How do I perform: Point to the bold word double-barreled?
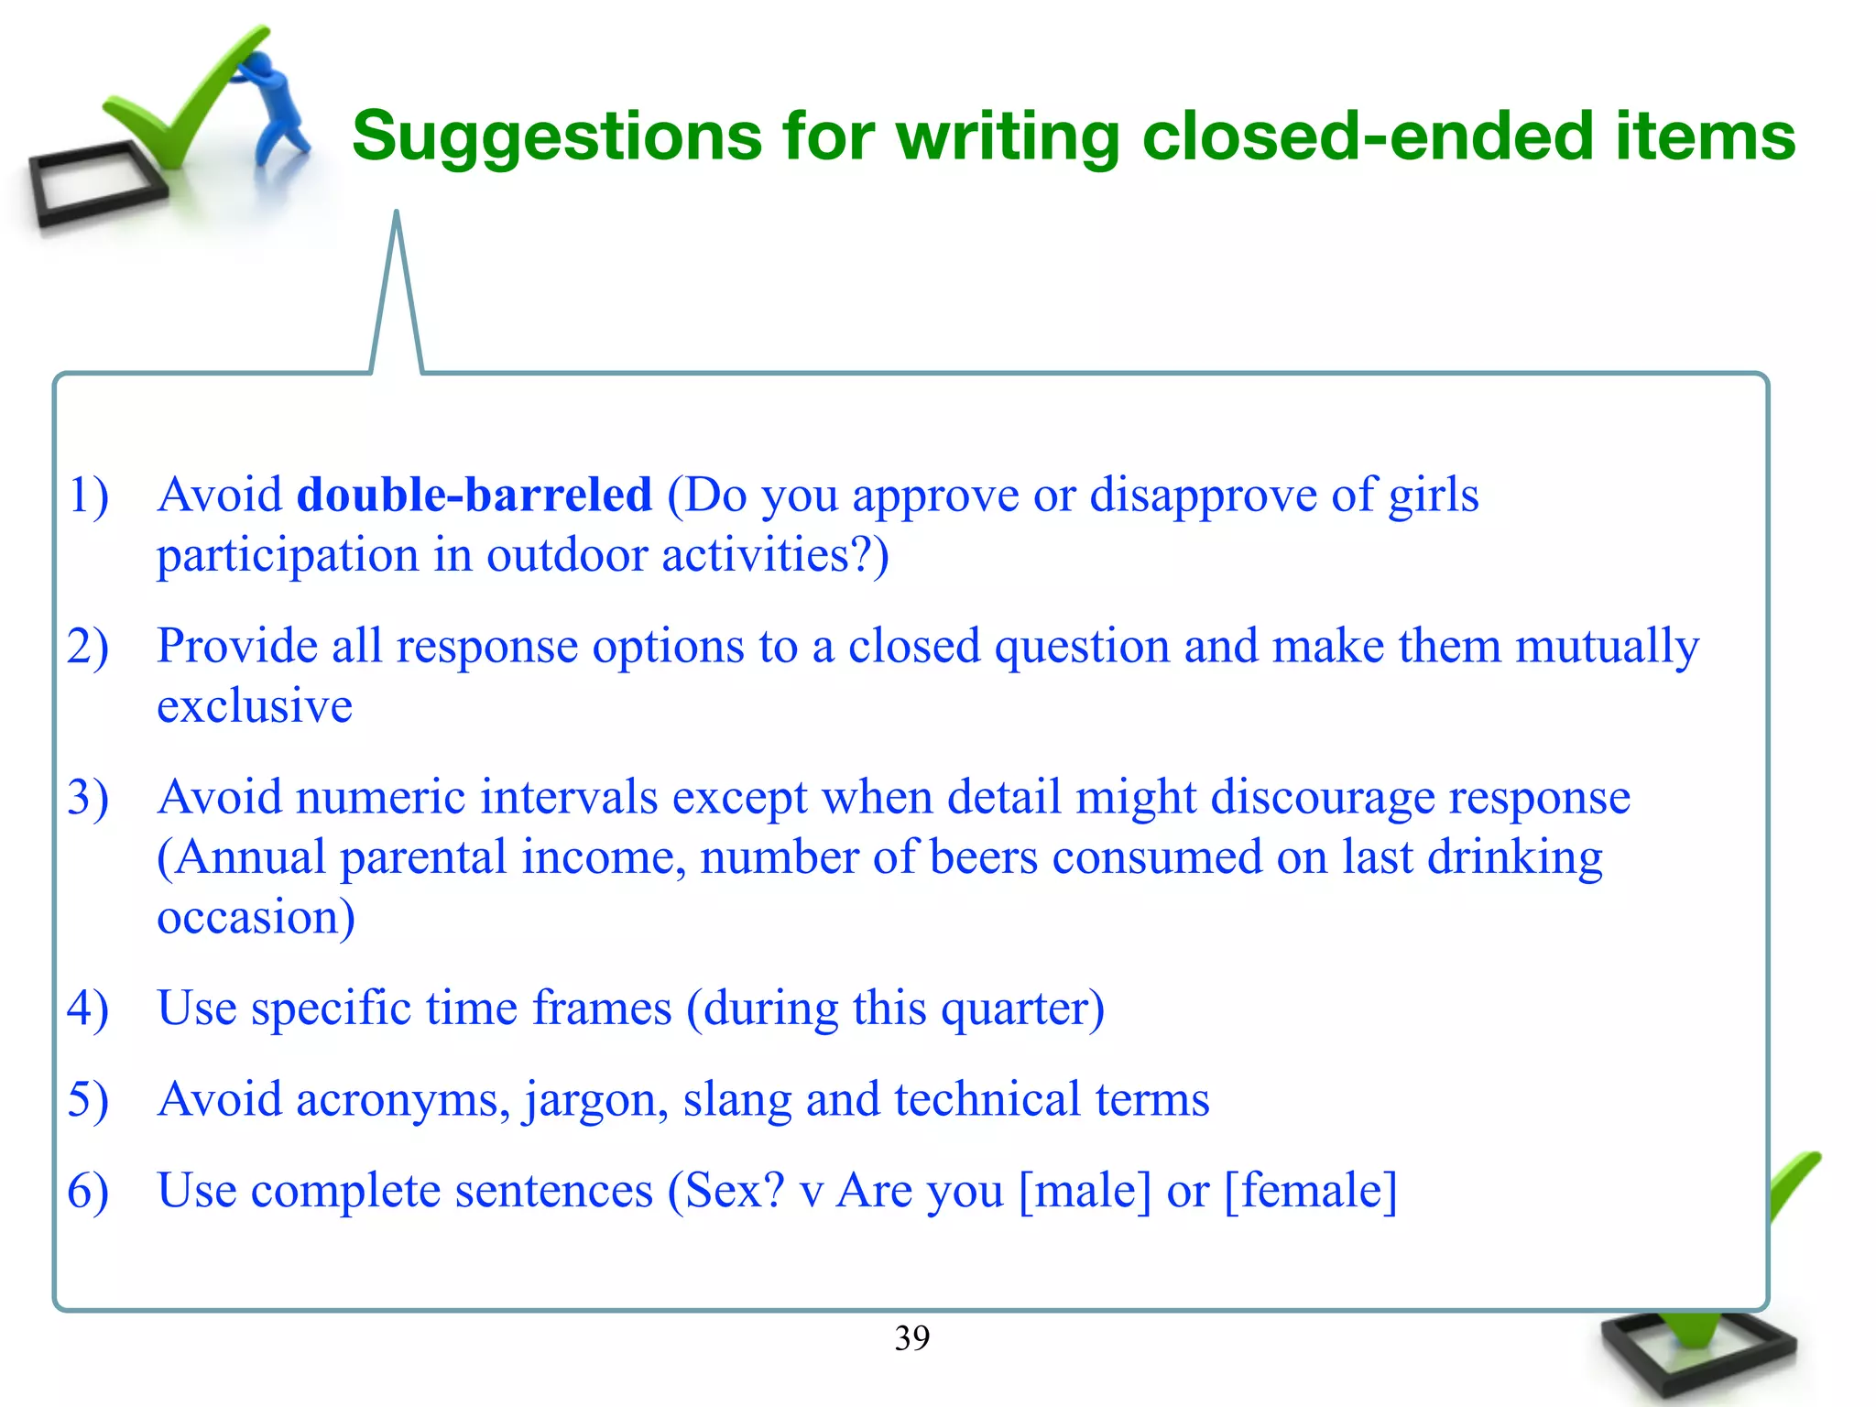tap(474, 496)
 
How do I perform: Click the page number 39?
tap(911, 1338)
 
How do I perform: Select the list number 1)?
tap(88, 496)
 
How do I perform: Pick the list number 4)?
tap(88, 1009)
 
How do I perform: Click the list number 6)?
tap(88, 1192)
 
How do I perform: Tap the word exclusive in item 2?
tap(255, 706)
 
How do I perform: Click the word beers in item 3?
tap(984, 858)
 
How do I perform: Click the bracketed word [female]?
tap(1311, 1192)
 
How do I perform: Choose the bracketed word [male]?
tap(1085, 1192)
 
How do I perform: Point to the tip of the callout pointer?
tap(397, 214)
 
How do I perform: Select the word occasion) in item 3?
tap(256, 918)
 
